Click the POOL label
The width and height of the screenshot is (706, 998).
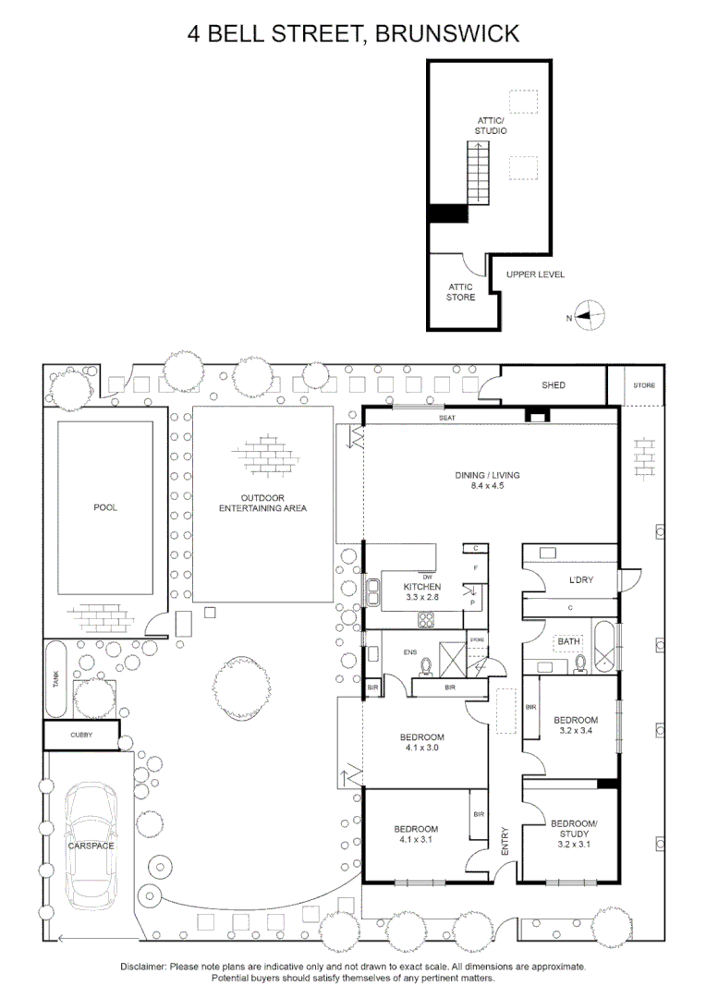tap(105, 507)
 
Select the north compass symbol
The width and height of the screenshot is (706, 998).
tap(588, 316)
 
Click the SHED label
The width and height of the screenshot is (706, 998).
tap(554, 385)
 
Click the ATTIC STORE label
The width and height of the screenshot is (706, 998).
tap(460, 292)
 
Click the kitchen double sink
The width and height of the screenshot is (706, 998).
tap(374, 591)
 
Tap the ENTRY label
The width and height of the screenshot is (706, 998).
tap(505, 840)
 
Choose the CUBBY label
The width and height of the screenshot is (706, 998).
tap(81, 735)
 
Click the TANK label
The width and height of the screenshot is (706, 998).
tap(55, 679)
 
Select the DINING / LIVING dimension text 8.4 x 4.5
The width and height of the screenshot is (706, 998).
tap(487, 487)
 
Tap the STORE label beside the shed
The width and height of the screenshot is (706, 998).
tap(644, 385)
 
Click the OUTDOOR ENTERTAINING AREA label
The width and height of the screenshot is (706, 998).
tap(262, 503)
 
